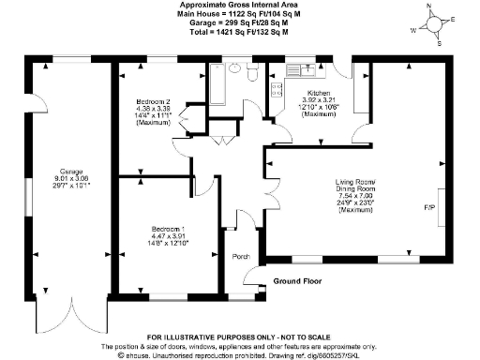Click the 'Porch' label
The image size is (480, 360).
[x=240, y=256]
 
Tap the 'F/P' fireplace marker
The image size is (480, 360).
[x=429, y=206]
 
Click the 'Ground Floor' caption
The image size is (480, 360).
[x=299, y=280]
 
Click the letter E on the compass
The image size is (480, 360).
[x=453, y=18]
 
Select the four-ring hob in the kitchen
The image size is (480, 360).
[x=276, y=90]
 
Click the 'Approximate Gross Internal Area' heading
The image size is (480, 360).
[x=240, y=5]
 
